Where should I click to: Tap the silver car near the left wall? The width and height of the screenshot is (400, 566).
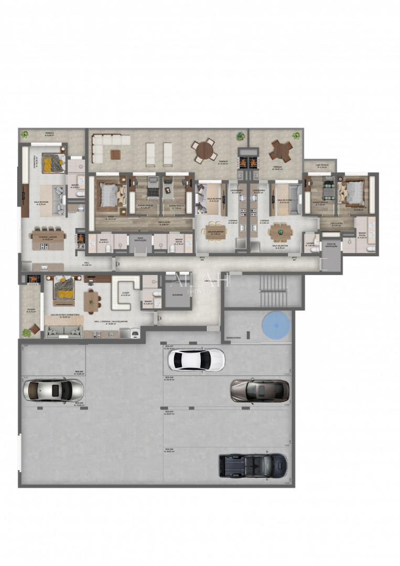pyautogui.click(x=53, y=390)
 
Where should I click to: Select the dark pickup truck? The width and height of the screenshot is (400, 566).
pyautogui.click(x=253, y=464)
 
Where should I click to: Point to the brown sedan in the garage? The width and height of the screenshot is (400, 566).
pyautogui.click(x=260, y=390)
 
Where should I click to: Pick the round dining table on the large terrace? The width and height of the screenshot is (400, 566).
pyautogui.click(x=203, y=151)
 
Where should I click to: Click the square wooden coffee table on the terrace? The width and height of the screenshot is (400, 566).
pyautogui.click(x=115, y=153)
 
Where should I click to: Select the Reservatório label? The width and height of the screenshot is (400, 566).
pyautogui.click(x=234, y=338)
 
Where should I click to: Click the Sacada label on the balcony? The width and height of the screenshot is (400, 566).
pyautogui.click(x=31, y=310)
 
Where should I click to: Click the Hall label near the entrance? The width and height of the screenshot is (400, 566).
pyautogui.click(x=87, y=265)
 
